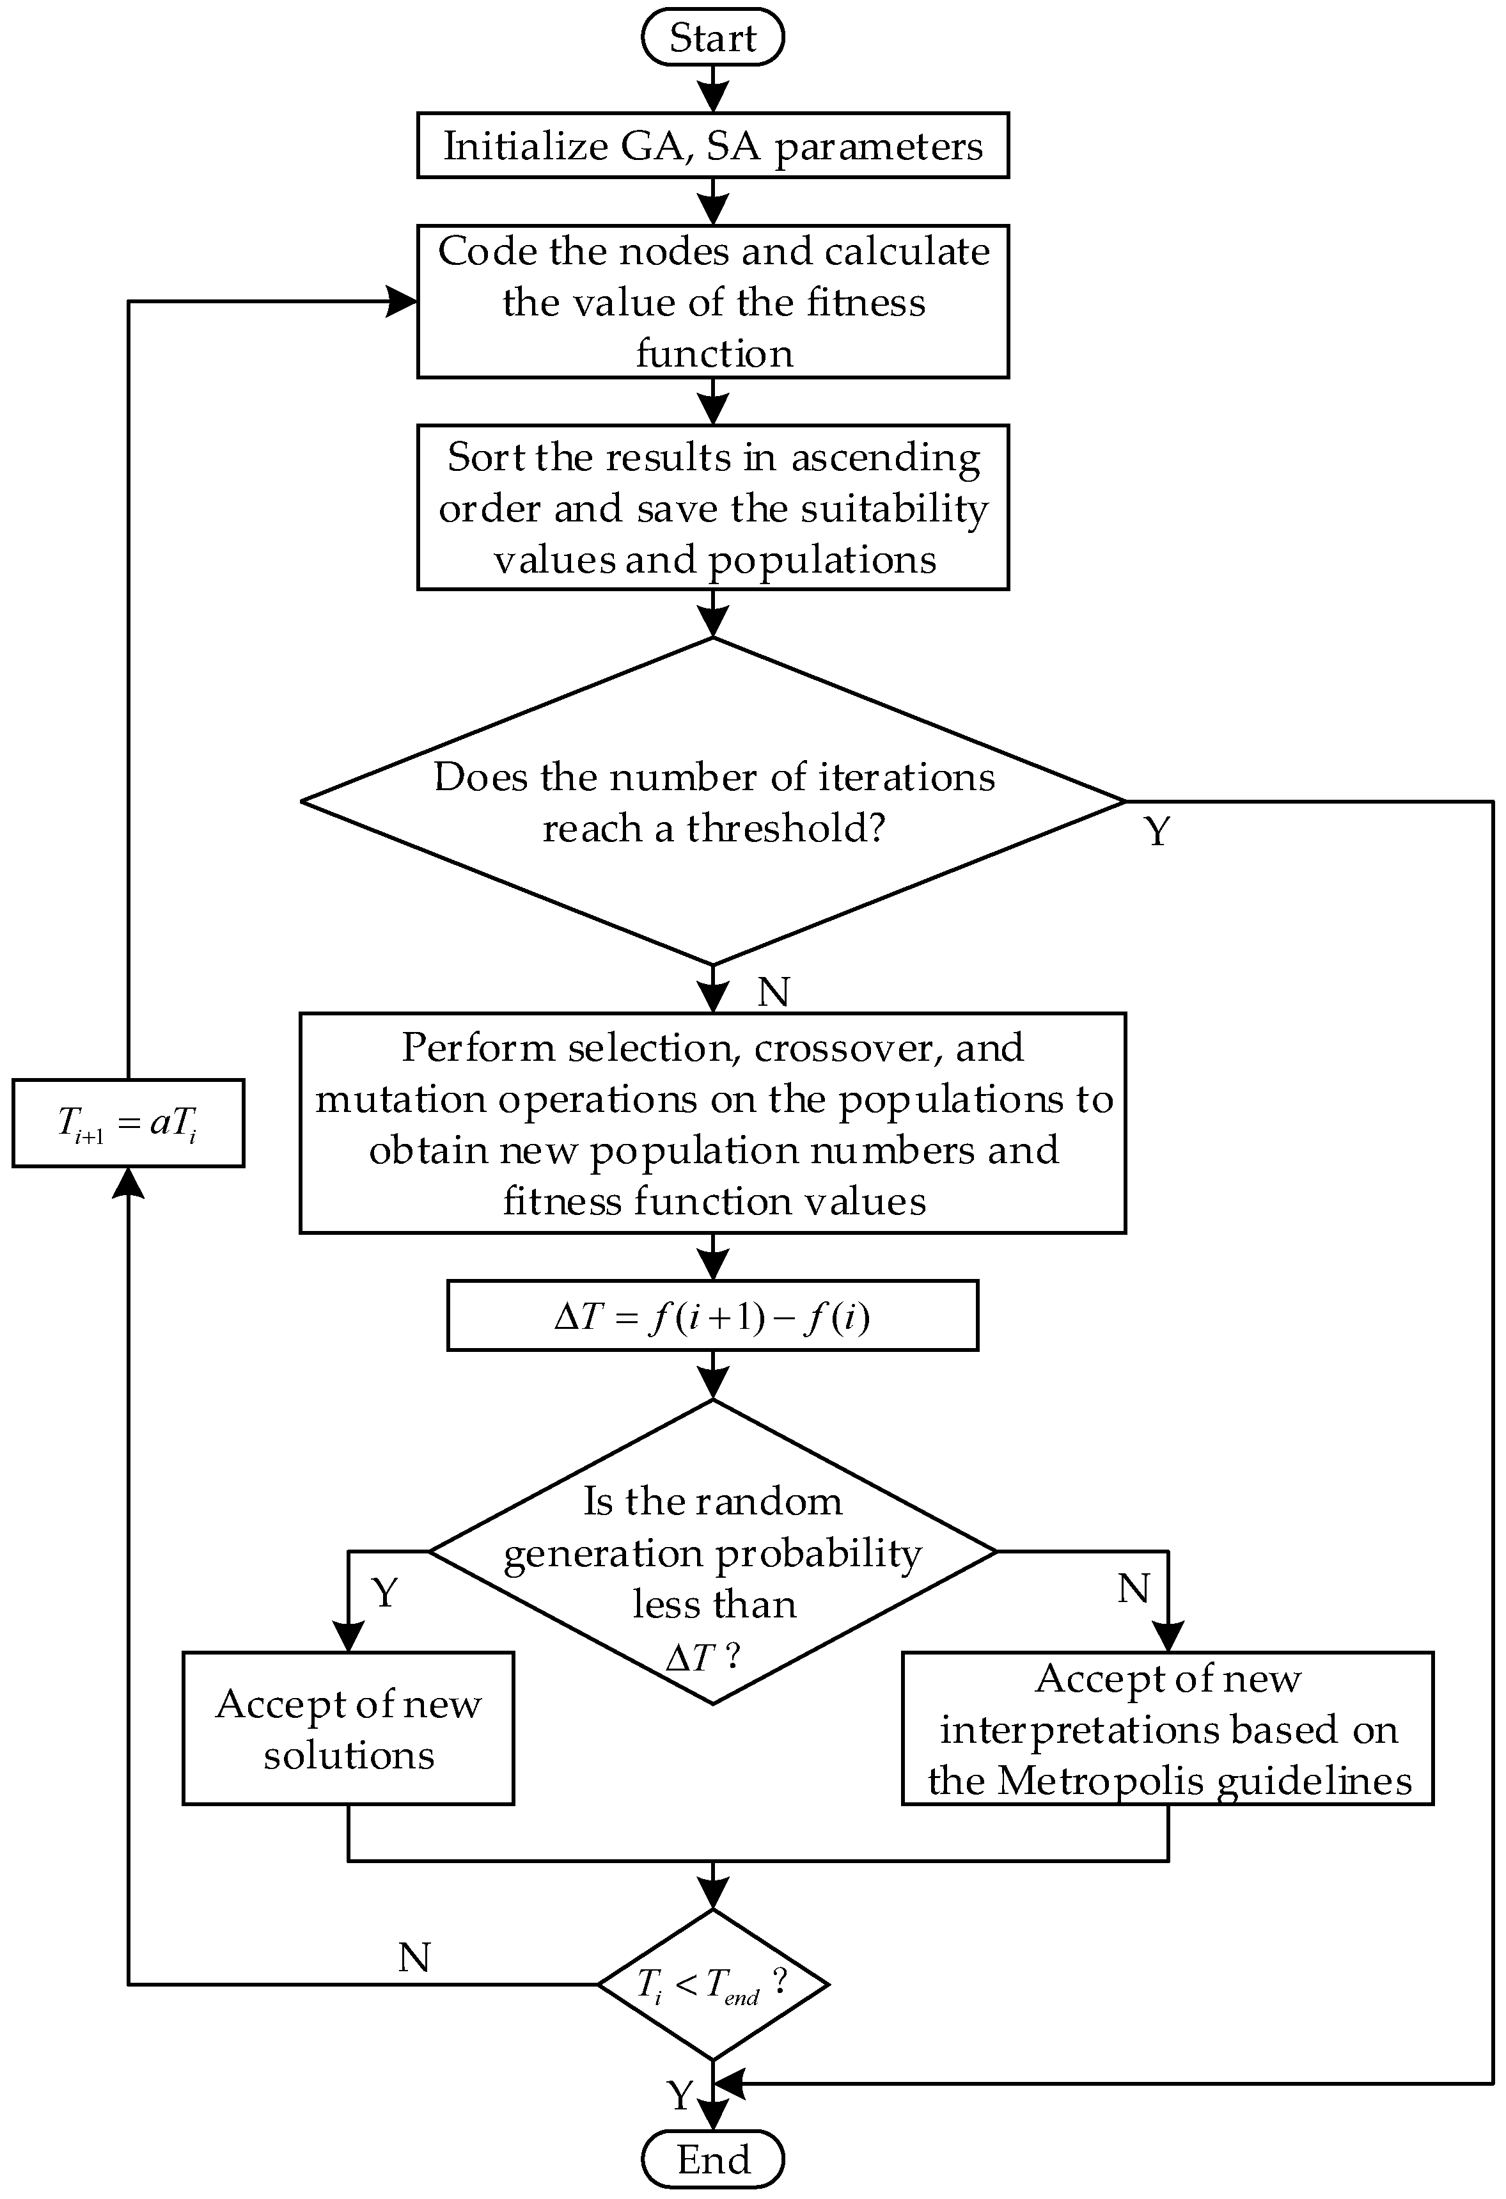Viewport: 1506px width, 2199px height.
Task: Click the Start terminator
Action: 712,38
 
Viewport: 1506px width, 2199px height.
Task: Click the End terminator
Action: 712,2159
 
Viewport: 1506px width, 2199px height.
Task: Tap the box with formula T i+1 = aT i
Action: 128,1122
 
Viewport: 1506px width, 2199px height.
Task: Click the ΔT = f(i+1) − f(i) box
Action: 712,1315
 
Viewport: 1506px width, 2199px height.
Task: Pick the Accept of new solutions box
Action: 348,1729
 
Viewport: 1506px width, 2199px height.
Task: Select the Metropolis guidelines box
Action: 1167,1729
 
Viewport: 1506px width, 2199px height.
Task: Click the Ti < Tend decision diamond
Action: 712,1983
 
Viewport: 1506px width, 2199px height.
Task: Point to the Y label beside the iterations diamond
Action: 1157,830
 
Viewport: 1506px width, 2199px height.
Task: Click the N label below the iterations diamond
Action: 773,992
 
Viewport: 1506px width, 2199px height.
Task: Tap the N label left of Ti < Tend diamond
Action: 414,1957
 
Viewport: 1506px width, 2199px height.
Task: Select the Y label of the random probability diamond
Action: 384,1592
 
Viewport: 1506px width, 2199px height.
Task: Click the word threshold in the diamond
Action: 785,828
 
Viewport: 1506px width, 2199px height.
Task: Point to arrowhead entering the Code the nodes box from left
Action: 403,302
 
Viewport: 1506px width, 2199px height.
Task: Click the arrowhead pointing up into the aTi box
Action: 128,1182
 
